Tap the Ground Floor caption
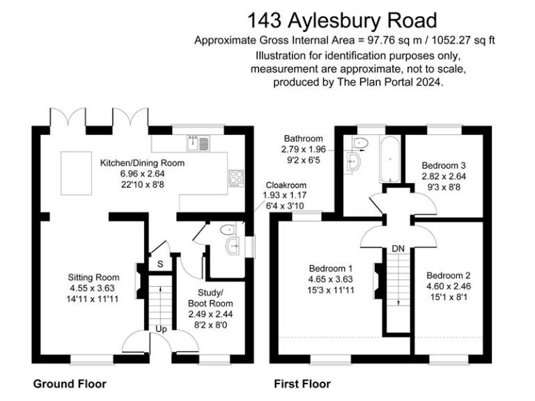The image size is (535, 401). (x=70, y=384)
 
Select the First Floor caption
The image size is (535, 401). (x=302, y=384)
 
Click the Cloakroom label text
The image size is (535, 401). (x=283, y=185)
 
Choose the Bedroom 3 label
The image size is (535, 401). (x=444, y=166)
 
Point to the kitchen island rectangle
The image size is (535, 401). (x=72, y=172)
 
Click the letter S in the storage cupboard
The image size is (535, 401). (x=160, y=264)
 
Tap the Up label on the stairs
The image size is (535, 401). (x=160, y=329)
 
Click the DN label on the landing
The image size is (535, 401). (x=398, y=249)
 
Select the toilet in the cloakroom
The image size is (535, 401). (x=226, y=230)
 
